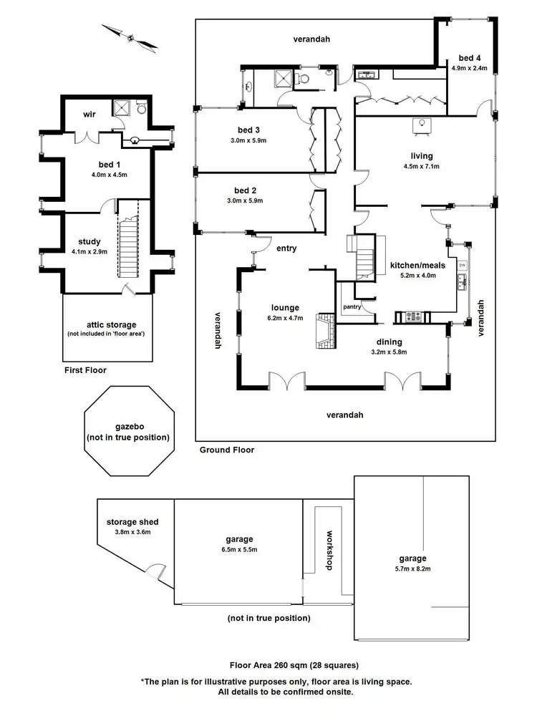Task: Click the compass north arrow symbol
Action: point(130,39)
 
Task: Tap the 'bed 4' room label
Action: point(470,58)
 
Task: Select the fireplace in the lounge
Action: point(326,331)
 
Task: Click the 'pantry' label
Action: point(352,307)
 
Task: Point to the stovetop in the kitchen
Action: point(413,316)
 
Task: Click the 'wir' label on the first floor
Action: point(89,114)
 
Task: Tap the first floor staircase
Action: point(128,246)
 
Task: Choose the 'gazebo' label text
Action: point(130,427)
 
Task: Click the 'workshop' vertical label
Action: point(329,550)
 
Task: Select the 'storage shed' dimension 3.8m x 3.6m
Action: point(132,532)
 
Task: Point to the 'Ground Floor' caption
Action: point(226,450)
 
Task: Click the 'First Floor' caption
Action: point(85,370)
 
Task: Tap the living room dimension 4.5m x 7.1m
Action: point(422,166)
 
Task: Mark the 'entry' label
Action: point(286,248)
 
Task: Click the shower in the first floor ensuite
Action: point(122,108)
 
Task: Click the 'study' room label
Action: point(89,241)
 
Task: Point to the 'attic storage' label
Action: point(112,324)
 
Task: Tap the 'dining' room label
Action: point(389,342)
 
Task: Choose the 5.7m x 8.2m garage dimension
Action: point(413,569)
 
